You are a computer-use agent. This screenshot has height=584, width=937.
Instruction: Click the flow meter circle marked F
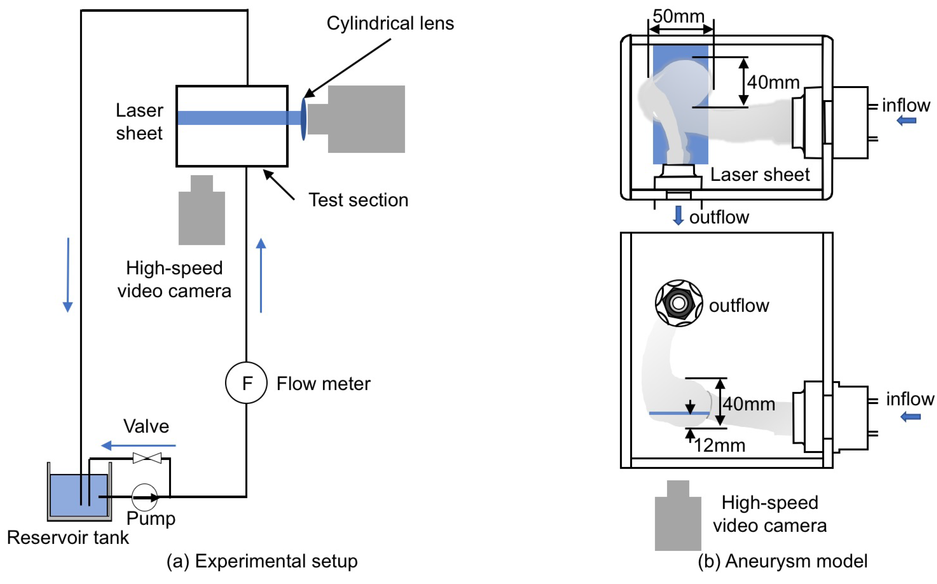point(246,383)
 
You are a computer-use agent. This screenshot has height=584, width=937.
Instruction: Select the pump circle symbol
point(145,497)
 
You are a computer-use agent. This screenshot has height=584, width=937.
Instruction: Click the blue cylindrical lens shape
point(304,119)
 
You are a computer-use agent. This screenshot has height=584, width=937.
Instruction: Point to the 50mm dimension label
point(678,16)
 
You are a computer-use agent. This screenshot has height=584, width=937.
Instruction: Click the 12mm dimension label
point(720,445)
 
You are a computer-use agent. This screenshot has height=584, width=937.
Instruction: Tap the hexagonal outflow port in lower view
point(679,303)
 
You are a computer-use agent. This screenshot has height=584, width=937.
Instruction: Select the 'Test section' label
point(358,200)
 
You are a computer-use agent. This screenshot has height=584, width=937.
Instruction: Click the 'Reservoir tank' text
point(68,537)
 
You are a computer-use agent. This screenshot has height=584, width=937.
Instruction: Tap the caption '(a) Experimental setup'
point(262,561)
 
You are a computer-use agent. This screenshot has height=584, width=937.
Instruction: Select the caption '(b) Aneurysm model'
point(782,561)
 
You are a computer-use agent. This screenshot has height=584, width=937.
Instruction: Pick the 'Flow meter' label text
point(323,384)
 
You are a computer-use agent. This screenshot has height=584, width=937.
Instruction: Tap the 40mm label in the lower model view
point(749,404)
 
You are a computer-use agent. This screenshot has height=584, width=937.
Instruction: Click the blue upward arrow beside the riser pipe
point(261,275)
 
